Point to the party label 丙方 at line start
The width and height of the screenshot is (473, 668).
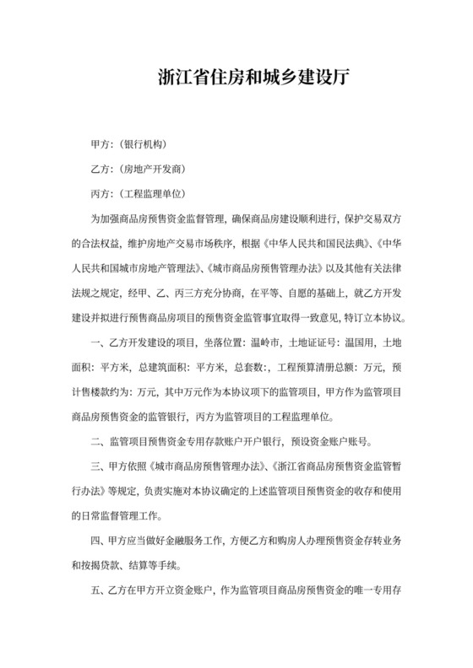click(x=101, y=194)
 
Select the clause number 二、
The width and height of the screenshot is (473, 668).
click(x=99, y=442)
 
